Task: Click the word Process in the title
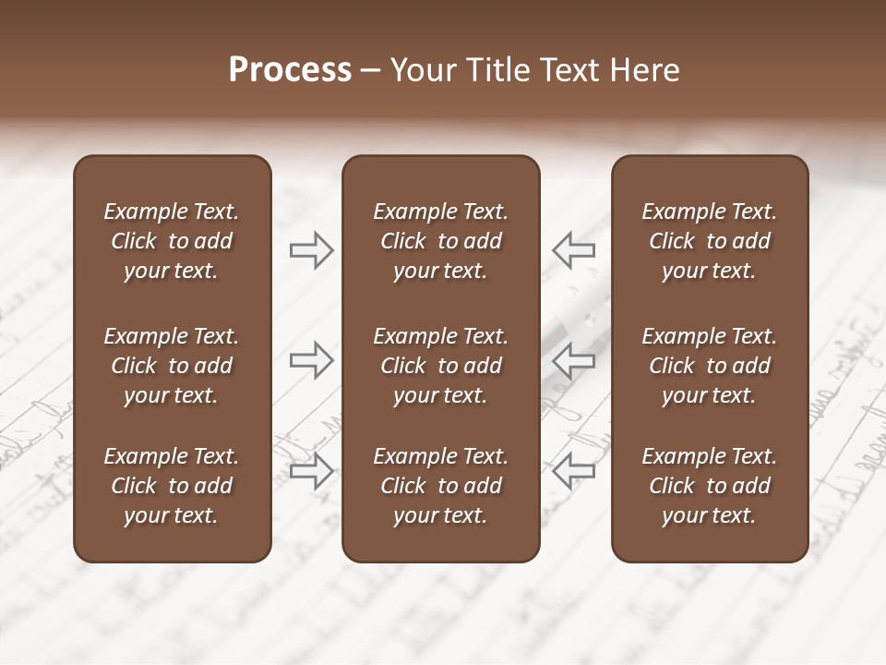coord(290,70)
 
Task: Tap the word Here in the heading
coord(645,70)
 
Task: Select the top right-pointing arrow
coord(311,250)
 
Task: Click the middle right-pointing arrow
coord(311,360)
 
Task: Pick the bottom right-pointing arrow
coord(311,470)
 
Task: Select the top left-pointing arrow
coord(574,250)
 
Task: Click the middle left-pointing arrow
coord(574,360)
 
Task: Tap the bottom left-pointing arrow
coord(574,470)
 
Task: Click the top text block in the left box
coord(172,241)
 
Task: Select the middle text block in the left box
coord(172,366)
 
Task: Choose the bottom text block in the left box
coord(172,486)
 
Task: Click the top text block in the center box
coord(440,241)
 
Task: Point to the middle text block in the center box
coord(440,366)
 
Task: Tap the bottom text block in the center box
coord(440,486)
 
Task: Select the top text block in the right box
coord(709,241)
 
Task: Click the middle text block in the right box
coord(709,366)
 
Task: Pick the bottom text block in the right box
coord(709,486)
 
